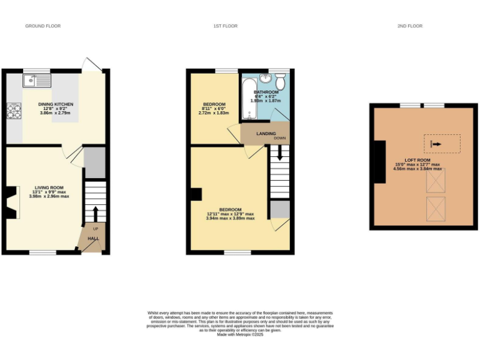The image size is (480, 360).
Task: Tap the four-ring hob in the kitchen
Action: point(13,111)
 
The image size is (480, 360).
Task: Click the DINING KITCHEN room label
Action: point(56,104)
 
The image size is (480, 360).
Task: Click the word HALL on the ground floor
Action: point(93,238)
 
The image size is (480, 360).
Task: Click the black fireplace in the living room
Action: point(10,202)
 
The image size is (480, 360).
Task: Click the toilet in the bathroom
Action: point(281,80)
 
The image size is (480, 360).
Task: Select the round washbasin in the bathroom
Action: point(266,78)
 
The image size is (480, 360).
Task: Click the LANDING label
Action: point(257,134)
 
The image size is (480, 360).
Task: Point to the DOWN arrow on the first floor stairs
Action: point(279,151)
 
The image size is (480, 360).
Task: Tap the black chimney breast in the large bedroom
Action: point(196,194)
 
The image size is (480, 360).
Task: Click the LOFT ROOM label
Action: point(417,161)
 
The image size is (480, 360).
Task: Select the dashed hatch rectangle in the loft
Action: point(442,144)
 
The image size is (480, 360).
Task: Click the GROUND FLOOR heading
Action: point(42,26)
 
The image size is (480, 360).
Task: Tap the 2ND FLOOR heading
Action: point(410,26)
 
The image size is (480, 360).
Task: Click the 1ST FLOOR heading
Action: point(225,26)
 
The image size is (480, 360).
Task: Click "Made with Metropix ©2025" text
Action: point(240,334)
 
